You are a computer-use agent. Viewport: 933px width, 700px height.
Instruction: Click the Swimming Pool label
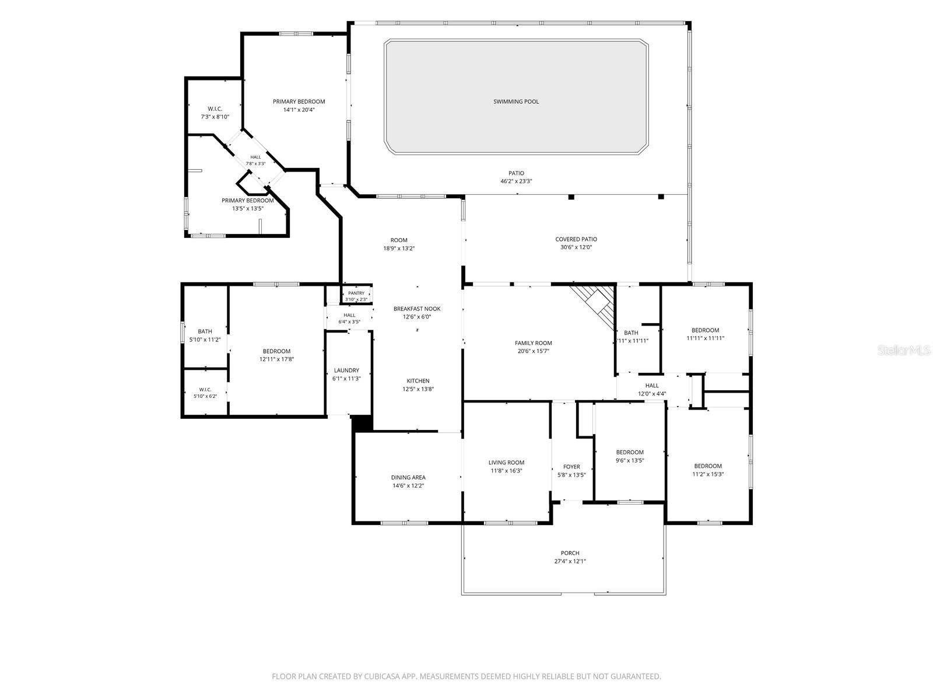(x=515, y=101)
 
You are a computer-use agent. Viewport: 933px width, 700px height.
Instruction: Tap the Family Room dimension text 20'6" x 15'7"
(x=533, y=351)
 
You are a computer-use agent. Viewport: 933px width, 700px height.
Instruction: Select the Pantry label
(x=356, y=293)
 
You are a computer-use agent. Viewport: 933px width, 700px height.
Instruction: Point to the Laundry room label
(x=346, y=370)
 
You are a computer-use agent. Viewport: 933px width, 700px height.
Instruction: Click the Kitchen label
(x=418, y=381)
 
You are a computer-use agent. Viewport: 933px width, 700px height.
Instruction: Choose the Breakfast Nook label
(x=416, y=309)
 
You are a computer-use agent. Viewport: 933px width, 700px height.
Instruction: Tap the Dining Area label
(x=408, y=477)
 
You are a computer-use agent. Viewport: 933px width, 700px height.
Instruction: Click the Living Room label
(x=506, y=463)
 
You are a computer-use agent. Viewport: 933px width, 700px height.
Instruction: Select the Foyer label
(x=571, y=467)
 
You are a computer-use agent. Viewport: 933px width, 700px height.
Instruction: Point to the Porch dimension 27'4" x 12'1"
(x=570, y=561)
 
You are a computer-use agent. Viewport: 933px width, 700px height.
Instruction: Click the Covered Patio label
(x=576, y=239)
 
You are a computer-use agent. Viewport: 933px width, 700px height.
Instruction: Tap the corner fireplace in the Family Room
(x=596, y=304)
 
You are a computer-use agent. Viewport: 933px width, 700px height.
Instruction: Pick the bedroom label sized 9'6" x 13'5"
(x=630, y=452)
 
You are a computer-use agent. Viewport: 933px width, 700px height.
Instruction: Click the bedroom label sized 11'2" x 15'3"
(x=708, y=466)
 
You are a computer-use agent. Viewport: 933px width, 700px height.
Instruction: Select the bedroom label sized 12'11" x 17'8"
(x=276, y=351)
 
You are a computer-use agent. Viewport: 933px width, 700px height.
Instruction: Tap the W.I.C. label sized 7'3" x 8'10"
(x=215, y=109)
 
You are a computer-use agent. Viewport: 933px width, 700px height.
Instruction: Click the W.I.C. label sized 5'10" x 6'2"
(x=205, y=390)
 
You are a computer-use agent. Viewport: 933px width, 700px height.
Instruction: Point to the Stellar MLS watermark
(x=904, y=350)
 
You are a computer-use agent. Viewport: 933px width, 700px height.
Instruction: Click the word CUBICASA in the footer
(x=382, y=676)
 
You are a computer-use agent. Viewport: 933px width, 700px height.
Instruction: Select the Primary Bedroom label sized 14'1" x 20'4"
(x=299, y=101)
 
